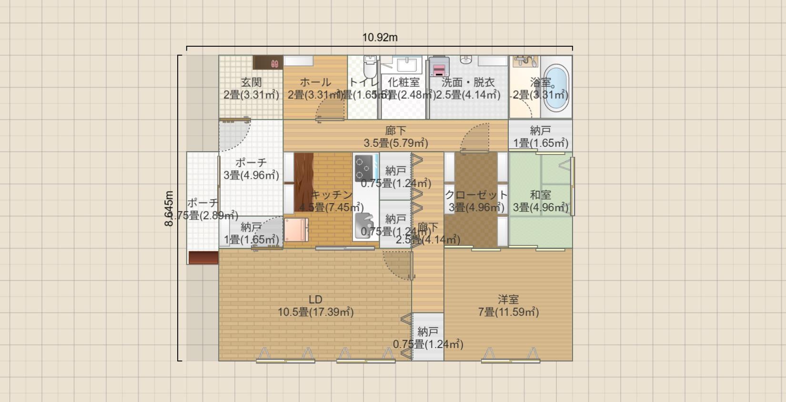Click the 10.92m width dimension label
tap(380, 37)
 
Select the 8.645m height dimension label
tap(169, 209)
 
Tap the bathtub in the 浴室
tap(556, 87)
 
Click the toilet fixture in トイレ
tap(370, 66)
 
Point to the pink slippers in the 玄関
tap(274, 63)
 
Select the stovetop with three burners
tap(363, 168)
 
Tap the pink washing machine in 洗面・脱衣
tap(439, 67)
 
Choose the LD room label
tap(315, 299)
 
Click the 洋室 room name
tap(508, 299)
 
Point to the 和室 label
tap(540, 195)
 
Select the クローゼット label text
tap(476, 195)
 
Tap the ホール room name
tap(315, 82)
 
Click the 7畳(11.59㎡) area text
tap(508, 312)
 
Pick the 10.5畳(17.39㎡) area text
tap(315, 312)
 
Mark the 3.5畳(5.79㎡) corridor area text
tap(395, 143)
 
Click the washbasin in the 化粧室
tap(406, 64)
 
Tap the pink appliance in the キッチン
tap(296, 230)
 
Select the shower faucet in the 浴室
tap(525, 61)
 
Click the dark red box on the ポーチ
tap(203, 258)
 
